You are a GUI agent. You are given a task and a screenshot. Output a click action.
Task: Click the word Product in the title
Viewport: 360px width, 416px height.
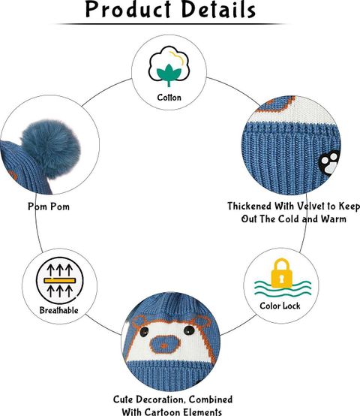pyautogui.click(x=128, y=10)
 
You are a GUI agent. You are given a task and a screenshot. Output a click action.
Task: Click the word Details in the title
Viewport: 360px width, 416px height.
pyautogui.click(x=219, y=10)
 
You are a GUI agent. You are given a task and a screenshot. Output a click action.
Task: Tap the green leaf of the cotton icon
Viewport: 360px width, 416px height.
pyautogui.click(x=169, y=74)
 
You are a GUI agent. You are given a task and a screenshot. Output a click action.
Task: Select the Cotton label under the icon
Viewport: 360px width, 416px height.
pyautogui.click(x=169, y=98)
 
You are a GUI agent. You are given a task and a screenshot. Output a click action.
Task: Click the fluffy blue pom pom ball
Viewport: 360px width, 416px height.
pyautogui.click(x=51, y=149)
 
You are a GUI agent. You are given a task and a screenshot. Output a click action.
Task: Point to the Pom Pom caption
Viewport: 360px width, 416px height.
pyautogui.click(x=49, y=206)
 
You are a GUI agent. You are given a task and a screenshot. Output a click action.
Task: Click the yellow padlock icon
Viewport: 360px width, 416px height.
pyautogui.click(x=281, y=273)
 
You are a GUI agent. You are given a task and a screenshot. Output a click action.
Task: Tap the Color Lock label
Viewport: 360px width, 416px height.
pyautogui.click(x=280, y=306)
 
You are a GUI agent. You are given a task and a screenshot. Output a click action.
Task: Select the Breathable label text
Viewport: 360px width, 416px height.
pyautogui.click(x=58, y=310)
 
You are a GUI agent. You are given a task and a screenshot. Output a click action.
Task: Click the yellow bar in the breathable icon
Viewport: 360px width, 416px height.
pyautogui.click(x=60, y=280)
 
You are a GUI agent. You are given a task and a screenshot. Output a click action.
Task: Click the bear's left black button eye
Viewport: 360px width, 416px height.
pyautogui.click(x=144, y=331)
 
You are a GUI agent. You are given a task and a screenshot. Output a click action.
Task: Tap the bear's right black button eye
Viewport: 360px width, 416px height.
pyautogui.click(x=189, y=330)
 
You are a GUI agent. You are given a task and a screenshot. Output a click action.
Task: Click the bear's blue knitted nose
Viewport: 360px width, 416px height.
pyautogui.click(x=165, y=345)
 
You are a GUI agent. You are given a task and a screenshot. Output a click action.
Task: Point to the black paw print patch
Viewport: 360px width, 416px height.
pyautogui.click(x=328, y=162)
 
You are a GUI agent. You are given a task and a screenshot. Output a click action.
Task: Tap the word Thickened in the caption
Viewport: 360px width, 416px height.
pyautogui.click(x=250, y=206)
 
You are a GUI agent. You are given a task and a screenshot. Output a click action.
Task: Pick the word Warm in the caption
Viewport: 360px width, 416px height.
pyautogui.click(x=334, y=219)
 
